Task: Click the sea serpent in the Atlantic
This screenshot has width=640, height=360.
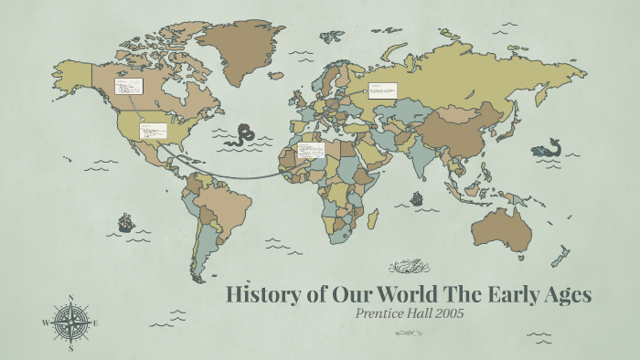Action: (x=244, y=135)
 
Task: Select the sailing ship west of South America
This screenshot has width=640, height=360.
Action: (x=125, y=222)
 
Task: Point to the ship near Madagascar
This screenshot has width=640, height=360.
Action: (x=416, y=197)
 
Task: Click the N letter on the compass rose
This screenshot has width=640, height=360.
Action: (x=71, y=297)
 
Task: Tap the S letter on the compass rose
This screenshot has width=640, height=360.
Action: (x=71, y=348)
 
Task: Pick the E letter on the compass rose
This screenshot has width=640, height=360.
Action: (x=96, y=323)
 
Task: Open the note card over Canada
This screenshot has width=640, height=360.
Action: (x=128, y=87)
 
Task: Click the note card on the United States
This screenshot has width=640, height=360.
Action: (x=153, y=131)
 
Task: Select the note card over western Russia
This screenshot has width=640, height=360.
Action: (x=382, y=90)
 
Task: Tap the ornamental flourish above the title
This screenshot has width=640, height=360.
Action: (x=408, y=267)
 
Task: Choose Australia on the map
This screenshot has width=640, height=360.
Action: (x=504, y=228)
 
